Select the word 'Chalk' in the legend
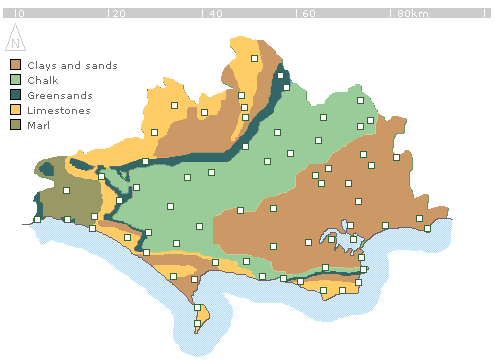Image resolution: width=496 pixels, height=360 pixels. click(42, 80)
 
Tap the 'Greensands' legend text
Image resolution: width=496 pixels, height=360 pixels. click(59, 95)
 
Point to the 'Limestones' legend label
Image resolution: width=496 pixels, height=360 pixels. click(58, 110)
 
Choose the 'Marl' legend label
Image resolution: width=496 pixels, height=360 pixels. click(38, 125)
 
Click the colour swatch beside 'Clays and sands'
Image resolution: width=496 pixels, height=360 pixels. click(15, 65)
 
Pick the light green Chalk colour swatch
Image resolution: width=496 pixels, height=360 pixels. click(15, 80)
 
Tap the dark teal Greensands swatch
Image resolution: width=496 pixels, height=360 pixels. click(15, 95)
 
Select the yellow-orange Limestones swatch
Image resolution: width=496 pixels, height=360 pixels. click(15, 110)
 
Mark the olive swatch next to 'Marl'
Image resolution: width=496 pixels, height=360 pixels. click(15, 125)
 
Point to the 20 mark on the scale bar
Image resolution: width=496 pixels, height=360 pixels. click(118, 14)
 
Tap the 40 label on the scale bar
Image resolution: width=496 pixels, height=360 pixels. click(214, 14)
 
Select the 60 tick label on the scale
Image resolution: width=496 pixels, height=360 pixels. click(308, 14)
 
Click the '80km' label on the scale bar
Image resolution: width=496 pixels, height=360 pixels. click(412, 14)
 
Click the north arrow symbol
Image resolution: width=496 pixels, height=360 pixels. click(15, 40)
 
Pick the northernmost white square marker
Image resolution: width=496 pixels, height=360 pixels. click(255, 59)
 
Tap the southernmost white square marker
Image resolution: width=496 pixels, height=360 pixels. click(197, 322)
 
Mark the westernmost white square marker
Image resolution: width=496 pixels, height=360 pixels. click(37, 219)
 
